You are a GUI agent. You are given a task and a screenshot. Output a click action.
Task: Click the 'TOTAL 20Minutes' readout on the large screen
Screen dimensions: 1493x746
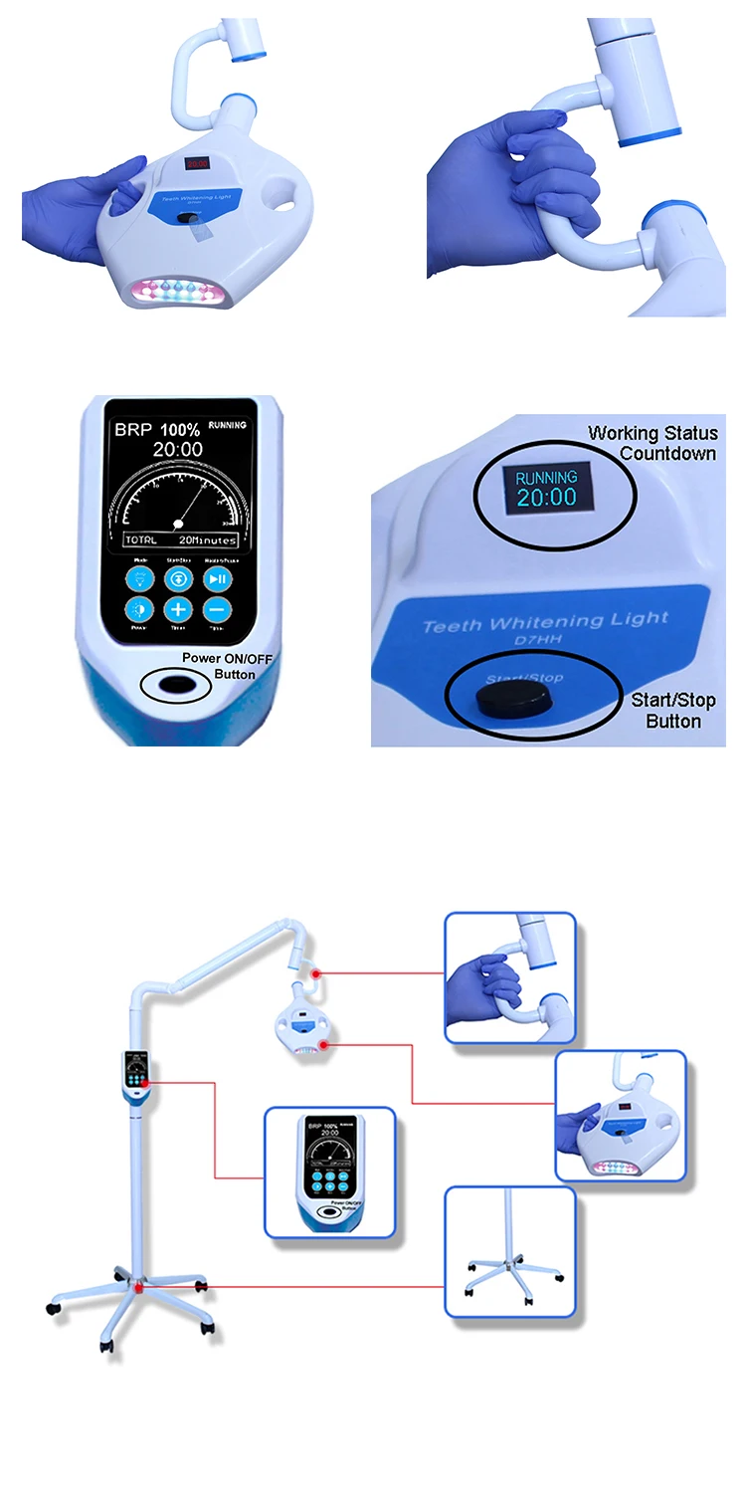point(180,538)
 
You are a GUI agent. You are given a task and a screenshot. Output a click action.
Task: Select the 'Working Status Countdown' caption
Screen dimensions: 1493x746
point(653,443)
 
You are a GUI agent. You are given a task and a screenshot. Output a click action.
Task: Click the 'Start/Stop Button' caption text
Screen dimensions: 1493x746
point(672,711)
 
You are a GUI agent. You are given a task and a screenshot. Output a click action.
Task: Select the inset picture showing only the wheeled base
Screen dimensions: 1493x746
point(509,1251)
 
